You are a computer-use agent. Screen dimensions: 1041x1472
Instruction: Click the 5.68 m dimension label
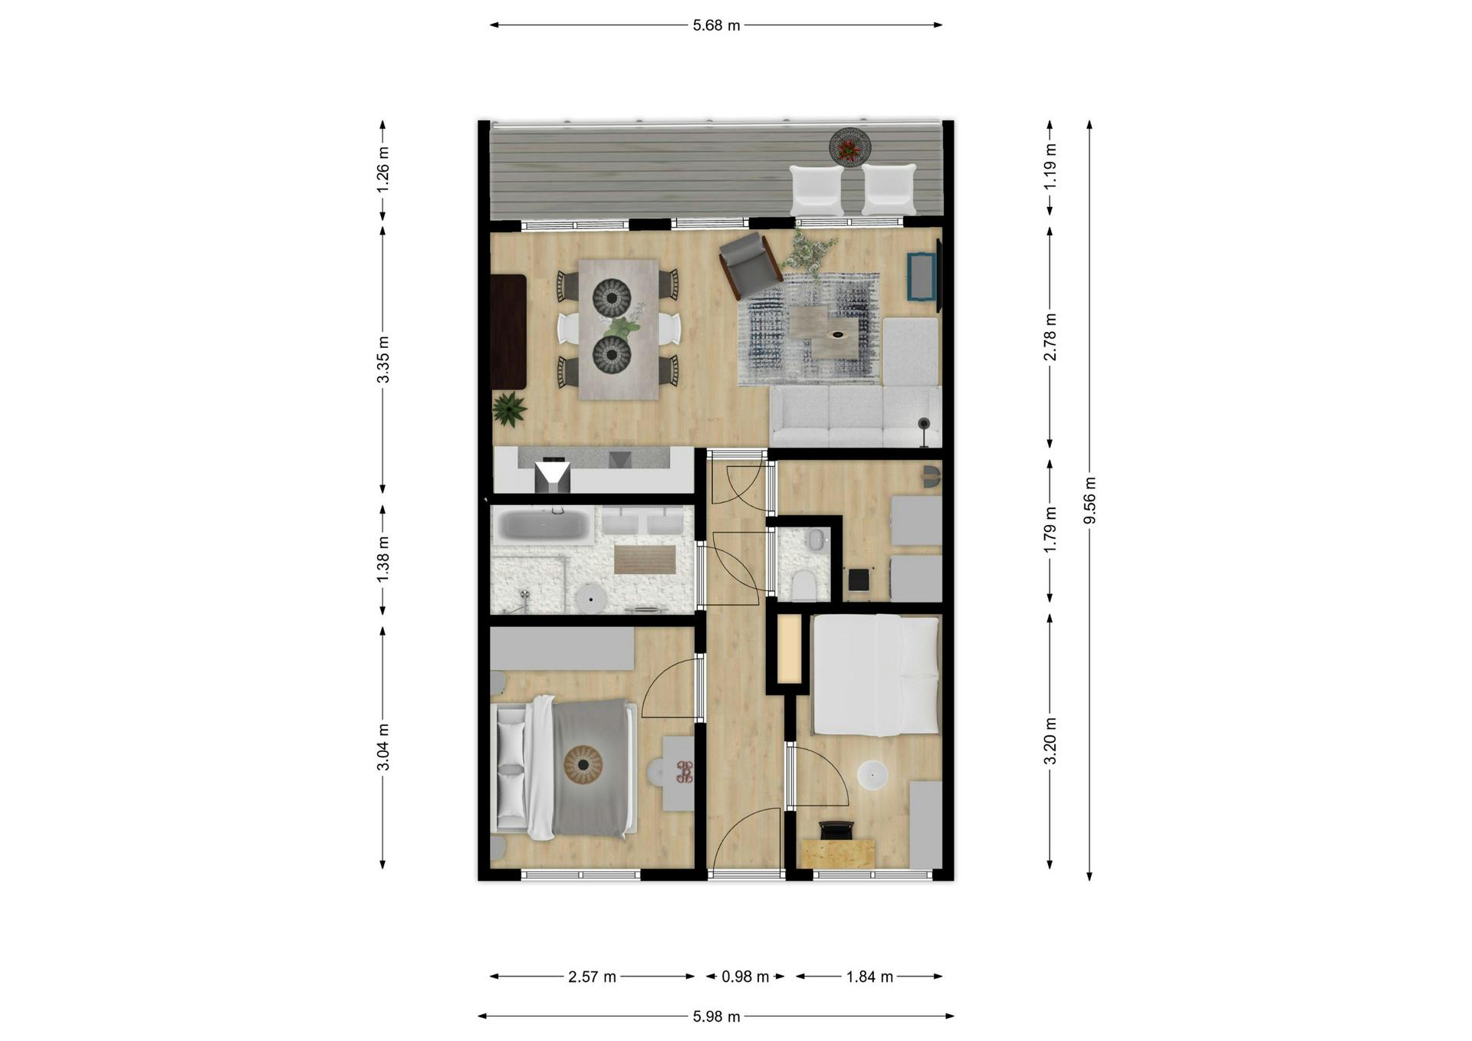(716, 25)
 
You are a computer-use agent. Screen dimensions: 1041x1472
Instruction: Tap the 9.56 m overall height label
(1089, 500)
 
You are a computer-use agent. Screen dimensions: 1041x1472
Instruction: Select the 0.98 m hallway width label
(744, 977)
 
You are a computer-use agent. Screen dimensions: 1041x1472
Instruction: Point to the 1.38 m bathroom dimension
(383, 559)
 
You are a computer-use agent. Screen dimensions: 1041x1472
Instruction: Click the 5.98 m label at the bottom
(716, 1016)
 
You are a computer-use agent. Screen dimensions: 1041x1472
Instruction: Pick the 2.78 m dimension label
(1050, 337)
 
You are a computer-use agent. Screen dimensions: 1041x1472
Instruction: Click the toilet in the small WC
(803, 584)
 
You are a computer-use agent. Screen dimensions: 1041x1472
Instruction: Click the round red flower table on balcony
(849, 146)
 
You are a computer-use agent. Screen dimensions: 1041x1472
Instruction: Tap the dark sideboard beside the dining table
(508, 332)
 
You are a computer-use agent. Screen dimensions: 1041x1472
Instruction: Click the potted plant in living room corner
(508, 409)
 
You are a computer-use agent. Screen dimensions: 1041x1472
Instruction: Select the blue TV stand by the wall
(921, 276)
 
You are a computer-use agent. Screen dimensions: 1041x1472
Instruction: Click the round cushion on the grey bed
(583, 764)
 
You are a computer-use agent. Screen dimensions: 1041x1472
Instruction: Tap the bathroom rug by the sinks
(645, 559)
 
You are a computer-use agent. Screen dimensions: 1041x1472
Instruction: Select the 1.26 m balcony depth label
(383, 169)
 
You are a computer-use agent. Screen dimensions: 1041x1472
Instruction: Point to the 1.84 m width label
(869, 977)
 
